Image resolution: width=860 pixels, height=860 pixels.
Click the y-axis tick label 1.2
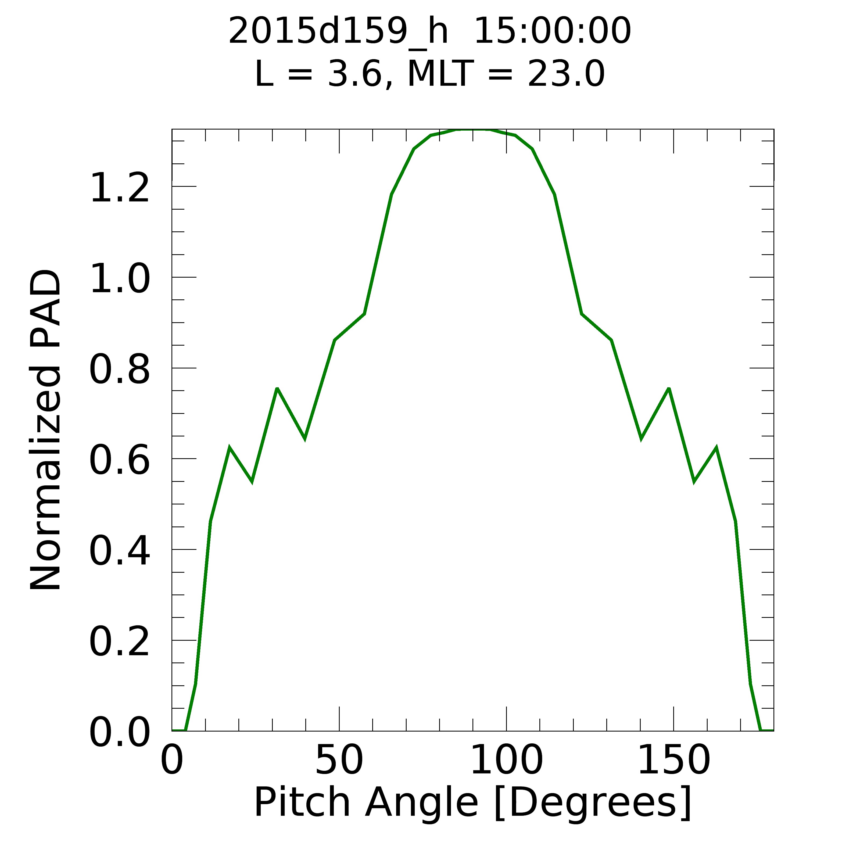119,189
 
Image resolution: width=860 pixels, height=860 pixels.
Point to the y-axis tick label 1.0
119,279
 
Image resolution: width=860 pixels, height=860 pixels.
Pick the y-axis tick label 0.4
119,552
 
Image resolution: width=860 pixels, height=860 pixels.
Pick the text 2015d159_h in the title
338,31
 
